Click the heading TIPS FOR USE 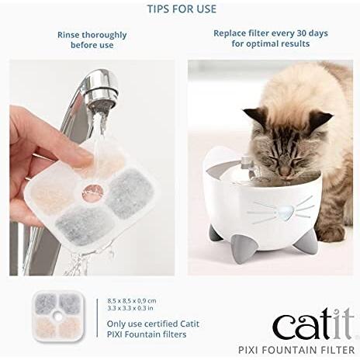pyautogui.click(x=182, y=9)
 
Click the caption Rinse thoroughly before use pyautogui.click(x=92, y=40)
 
